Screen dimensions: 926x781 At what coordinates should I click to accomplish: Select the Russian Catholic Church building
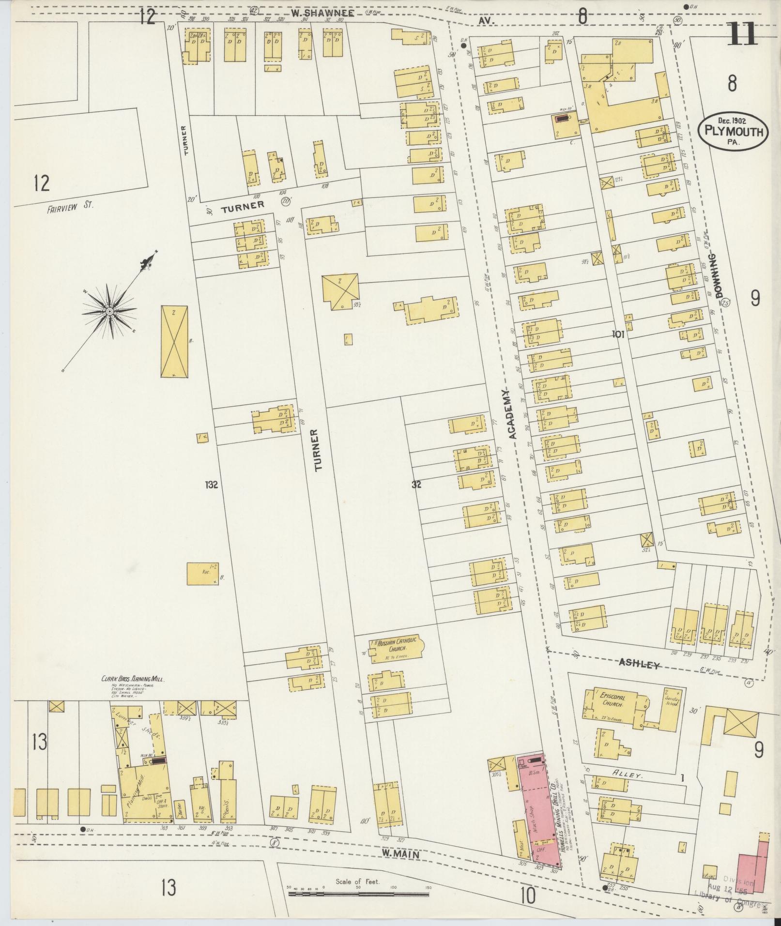395,651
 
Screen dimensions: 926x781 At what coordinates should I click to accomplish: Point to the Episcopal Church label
613,699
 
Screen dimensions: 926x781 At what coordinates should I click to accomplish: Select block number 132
212,484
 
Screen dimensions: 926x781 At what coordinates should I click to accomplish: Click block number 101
618,334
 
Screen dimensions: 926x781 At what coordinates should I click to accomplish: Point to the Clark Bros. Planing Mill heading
133,679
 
